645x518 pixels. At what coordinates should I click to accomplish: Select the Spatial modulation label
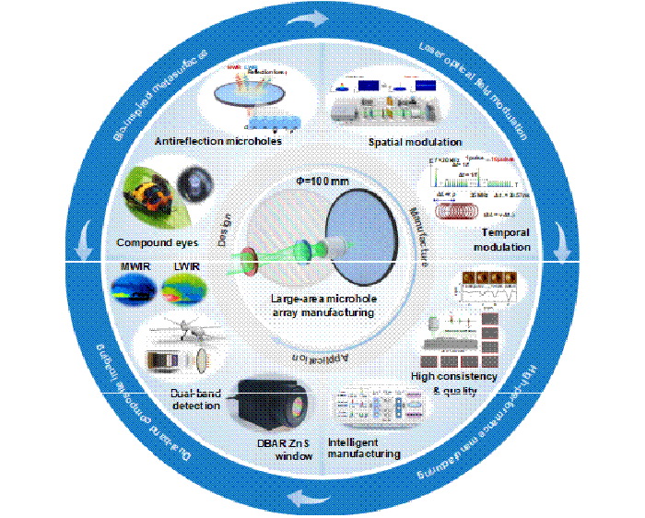(x=415, y=142)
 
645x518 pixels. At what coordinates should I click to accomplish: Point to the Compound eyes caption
(x=158, y=242)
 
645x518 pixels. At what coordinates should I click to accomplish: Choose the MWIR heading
(x=135, y=267)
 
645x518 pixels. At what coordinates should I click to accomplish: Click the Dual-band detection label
(x=196, y=398)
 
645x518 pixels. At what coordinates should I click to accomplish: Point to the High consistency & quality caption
(x=454, y=383)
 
